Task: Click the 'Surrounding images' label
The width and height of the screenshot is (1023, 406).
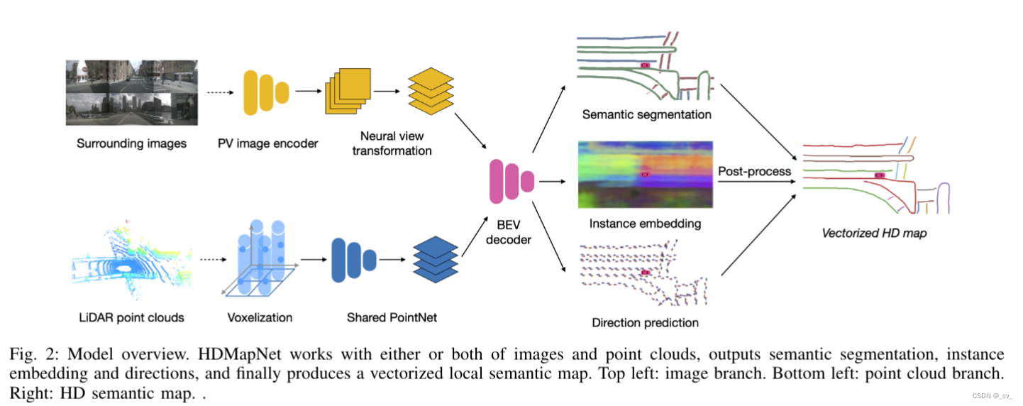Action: click(x=131, y=143)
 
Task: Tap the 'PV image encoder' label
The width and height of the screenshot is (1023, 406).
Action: click(x=267, y=143)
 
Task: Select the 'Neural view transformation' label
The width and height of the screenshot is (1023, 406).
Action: click(x=392, y=143)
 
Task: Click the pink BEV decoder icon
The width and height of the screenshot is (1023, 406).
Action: click(x=511, y=181)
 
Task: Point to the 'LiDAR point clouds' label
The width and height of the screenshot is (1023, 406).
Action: click(x=131, y=317)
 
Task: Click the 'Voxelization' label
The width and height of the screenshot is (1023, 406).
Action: click(x=260, y=317)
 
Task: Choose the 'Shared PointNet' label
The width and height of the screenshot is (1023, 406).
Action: click(x=392, y=317)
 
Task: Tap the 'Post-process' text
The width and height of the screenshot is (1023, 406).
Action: click(x=754, y=171)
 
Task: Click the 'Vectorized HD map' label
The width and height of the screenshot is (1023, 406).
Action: click(x=874, y=233)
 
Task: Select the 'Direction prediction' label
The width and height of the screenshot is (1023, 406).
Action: click(x=646, y=323)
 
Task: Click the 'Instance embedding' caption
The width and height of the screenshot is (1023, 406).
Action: click(x=646, y=224)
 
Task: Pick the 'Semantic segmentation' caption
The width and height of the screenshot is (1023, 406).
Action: click(x=647, y=114)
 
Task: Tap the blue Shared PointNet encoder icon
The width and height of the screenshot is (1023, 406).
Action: click(x=354, y=260)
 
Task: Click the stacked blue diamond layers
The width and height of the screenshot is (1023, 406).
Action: click(x=435, y=259)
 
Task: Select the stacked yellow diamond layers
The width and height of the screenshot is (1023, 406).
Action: click(x=431, y=91)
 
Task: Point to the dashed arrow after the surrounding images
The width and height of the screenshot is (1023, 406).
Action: click(x=220, y=93)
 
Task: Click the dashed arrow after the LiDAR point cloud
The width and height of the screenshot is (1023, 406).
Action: click(x=214, y=259)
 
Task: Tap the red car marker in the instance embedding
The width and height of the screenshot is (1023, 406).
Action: click(x=645, y=175)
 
